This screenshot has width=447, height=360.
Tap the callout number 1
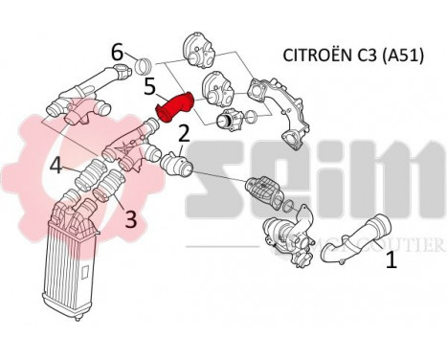[391, 259]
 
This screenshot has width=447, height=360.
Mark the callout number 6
[116, 52]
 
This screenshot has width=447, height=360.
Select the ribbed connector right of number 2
[178, 164]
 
